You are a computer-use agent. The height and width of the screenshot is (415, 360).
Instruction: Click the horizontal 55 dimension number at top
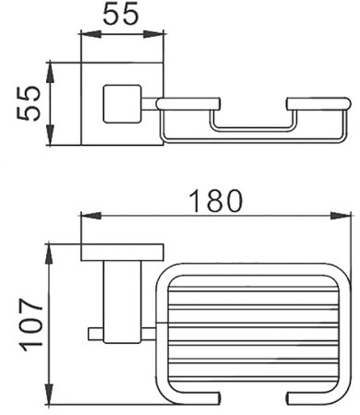pos(121,15)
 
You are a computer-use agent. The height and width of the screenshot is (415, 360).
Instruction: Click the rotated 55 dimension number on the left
pos(29,103)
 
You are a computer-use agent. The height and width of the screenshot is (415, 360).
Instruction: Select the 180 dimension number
pos(216,201)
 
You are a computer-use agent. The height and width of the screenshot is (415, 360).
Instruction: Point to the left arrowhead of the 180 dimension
pos(91,216)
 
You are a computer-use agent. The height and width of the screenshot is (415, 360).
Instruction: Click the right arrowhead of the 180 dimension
pos(341,216)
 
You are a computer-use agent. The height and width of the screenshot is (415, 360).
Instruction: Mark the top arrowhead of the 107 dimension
pos(50,255)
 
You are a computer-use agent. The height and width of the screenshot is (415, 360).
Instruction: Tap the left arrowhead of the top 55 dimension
pos(90,34)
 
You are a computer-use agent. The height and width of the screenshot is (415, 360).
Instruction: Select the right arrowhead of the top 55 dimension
pos(153,34)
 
